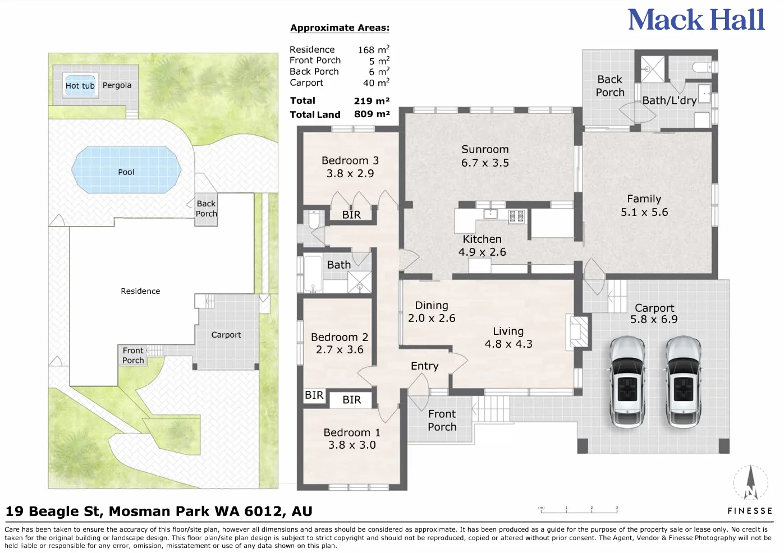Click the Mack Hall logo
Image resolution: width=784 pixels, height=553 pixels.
click(x=696, y=20)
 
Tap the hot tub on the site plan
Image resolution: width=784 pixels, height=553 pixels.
click(x=80, y=85)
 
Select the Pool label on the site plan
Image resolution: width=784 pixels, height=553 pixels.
click(x=126, y=172)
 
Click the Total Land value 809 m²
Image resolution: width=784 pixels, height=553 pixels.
click(x=372, y=114)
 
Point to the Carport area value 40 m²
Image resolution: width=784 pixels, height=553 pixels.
click(x=376, y=82)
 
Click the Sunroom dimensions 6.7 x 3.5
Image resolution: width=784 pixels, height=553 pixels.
click(x=485, y=163)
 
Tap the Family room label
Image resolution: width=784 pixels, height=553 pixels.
click(x=644, y=199)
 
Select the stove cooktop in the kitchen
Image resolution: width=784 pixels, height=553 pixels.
click(x=517, y=215)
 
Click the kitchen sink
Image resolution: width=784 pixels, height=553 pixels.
click(x=490, y=213)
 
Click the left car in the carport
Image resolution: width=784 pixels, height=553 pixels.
click(x=627, y=381)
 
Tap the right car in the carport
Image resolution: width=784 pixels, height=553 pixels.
click(x=683, y=381)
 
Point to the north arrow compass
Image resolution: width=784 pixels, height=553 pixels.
click(x=750, y=483)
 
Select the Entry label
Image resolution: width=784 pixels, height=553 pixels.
click(x=425, y=366)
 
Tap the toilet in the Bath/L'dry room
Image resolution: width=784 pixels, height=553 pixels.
click(x=704, y=66)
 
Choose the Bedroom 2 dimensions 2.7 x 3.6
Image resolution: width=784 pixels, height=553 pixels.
click(x=340, y=349)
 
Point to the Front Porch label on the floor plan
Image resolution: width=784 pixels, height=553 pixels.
click(x=442, y=420)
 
